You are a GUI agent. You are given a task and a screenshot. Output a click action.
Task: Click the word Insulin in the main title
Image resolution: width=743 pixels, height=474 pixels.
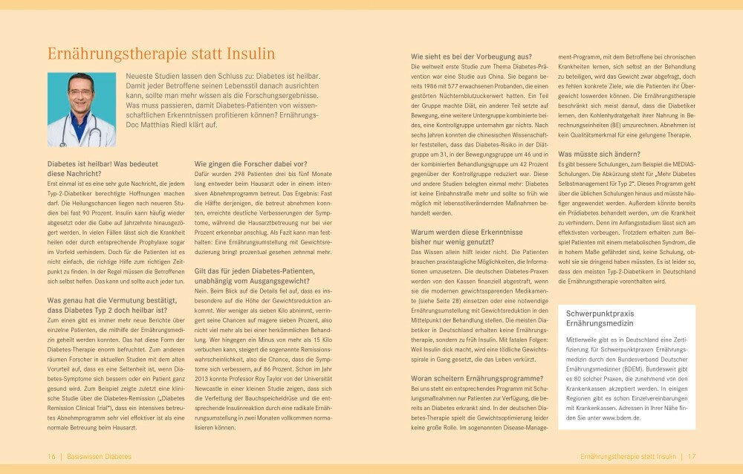(x=247, y=53)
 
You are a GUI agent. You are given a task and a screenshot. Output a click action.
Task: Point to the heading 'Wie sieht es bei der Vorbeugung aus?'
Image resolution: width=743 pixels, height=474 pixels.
(x=472, y=56)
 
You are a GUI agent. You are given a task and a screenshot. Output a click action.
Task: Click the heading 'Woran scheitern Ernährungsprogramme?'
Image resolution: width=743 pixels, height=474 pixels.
(x=477, y=378)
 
